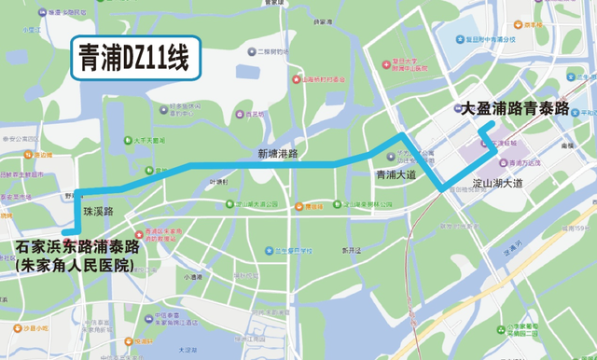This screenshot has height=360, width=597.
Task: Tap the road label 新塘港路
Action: pyautogui.click(x=278, y=153)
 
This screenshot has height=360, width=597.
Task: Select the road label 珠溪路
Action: pyautogui.click(x=98, y=212)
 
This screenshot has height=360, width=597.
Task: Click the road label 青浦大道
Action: pyautogui.click(x=396, y=175)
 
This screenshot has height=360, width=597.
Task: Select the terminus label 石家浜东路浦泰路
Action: pyautogui.click(x=78, y=248)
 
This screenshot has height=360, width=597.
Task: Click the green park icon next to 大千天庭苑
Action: pyautogui.click(x=128, y=141)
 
